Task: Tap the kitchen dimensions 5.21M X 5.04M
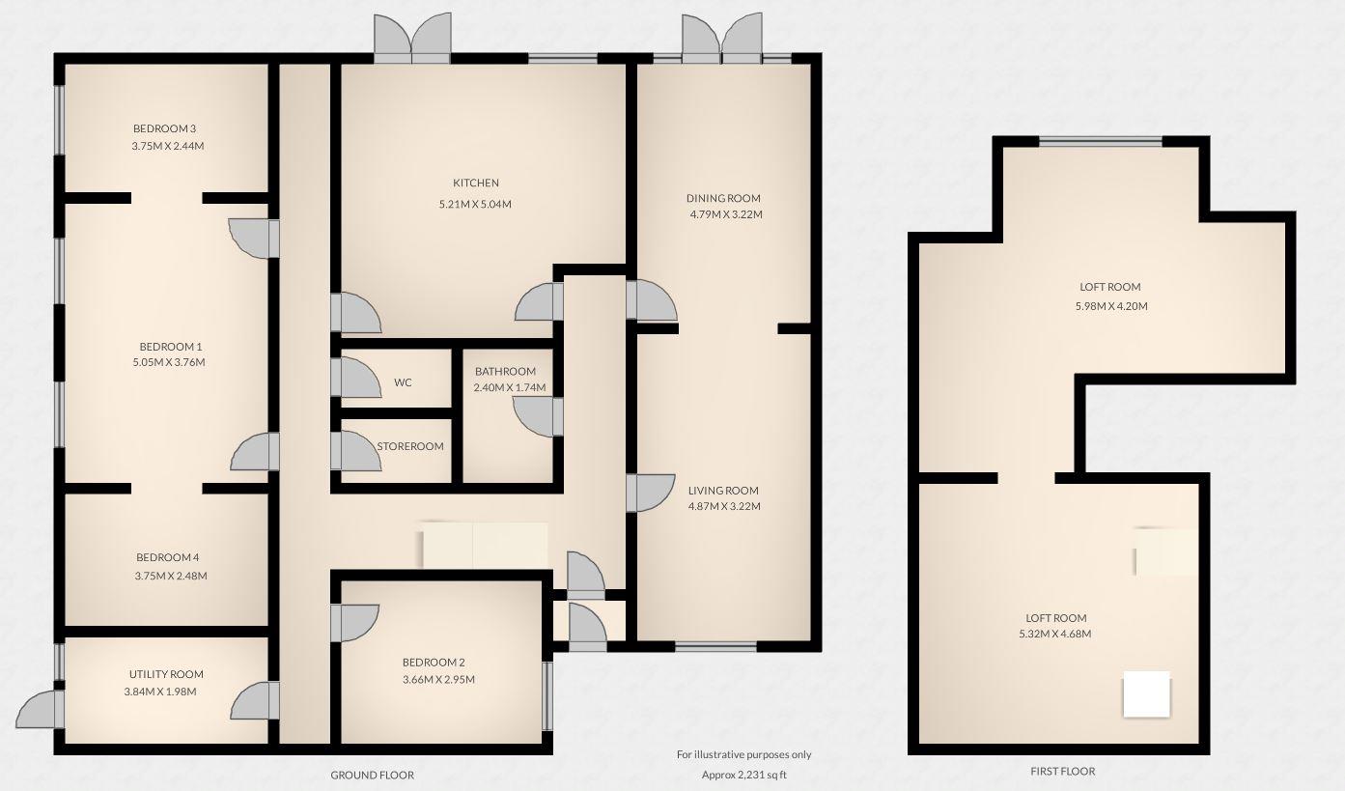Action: click(x=475, y=204)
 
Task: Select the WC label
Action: click(x=403, y=382)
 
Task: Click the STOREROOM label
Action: click(x=410, y=446)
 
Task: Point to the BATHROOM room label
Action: click(x=505, y=372)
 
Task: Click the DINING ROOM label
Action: click(x=716, y=198)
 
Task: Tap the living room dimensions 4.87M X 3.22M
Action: click(x=723, y=506)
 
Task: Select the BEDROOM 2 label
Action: click(x=434, y=663)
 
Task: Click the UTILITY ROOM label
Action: click(x=166, y=674)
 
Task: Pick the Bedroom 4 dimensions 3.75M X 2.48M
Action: click(x=171, y=576)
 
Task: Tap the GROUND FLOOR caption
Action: click(x=372, y=775)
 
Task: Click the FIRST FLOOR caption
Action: click(x=1062, y=771)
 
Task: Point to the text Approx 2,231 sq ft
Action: click(x=743, y=775)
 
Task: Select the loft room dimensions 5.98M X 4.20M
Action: click(x=1110, y=306)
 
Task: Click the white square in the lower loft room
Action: click(x=1146, y=694)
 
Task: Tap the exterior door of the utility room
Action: click(x=40, y=709)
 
